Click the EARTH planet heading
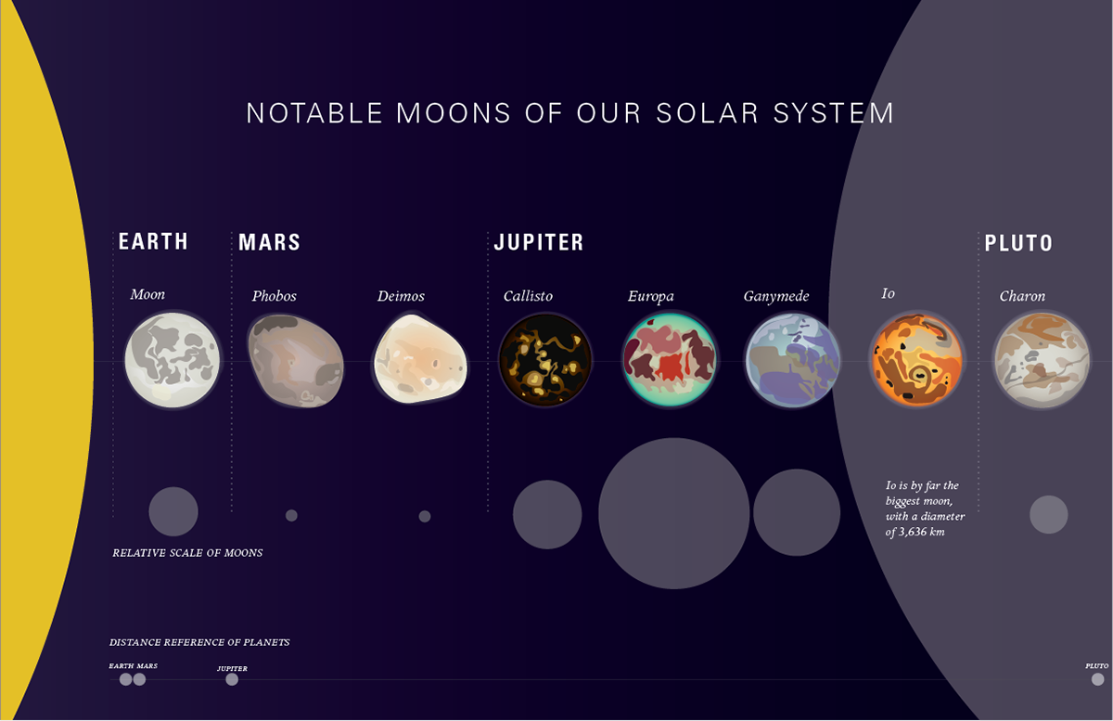(153, 241)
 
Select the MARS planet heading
(269, 242)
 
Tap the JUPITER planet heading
(539, 242)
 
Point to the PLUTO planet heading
(1018, 243)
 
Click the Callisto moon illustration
(545, 360)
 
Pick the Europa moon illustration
(670, 360)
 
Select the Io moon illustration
(917, 360)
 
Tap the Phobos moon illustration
(296, 361)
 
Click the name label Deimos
(401, 296)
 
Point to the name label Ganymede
(776, 296)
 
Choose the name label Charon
(1022, 296)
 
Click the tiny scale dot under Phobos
(291, 516)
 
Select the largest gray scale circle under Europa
(673, 513)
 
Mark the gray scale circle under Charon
(1048, 515)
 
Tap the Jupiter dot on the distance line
(232, 679)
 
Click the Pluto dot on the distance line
(1097, 679)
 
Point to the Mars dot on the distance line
(140, 679)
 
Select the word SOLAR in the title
(708, 113)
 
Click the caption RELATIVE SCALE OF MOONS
(187, 553)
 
